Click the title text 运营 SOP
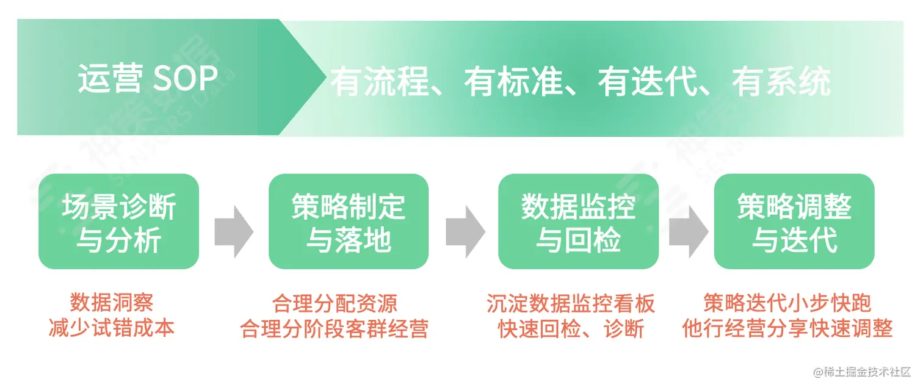pos(148,79)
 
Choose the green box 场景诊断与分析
pos(118,222)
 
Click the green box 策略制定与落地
pos(349,222)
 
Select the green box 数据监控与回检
pos(578,222)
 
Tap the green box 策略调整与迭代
pos(794,222)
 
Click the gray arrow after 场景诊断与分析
pos(234,231)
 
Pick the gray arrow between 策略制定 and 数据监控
pos(465,231)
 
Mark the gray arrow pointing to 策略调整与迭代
pos(688,231)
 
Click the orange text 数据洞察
pos(112,303)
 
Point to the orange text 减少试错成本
pos(112,328)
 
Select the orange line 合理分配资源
pos(335,303)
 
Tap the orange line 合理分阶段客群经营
pos(335,329)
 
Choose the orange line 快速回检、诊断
pos(571,329)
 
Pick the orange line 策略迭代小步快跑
pos(787,303)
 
